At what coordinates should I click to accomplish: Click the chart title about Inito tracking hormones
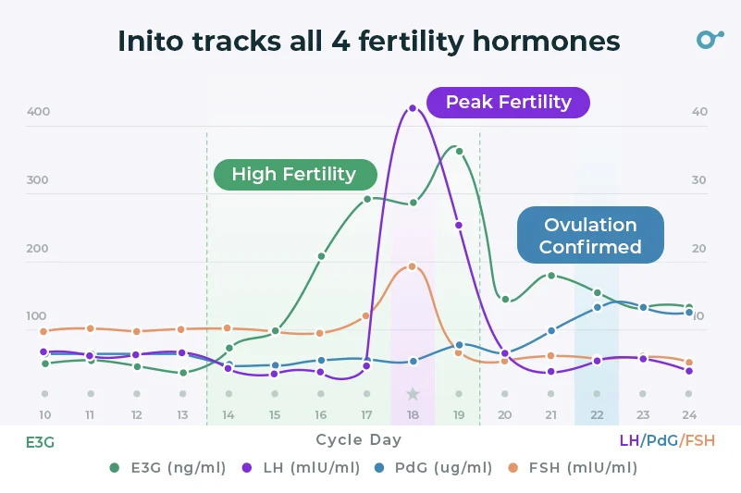click(369, 42)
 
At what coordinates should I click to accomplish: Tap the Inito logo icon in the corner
click(709, 39)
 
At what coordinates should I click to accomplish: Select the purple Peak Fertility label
click(508, 102)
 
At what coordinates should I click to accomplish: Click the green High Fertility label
click(294, 174)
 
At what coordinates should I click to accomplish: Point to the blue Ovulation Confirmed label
click(590, 236)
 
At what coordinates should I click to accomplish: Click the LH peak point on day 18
click(413, 108)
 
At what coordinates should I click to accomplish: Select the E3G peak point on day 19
click(459, 151)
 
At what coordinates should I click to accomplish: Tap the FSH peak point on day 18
click(413, 266)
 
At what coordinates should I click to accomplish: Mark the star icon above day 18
click(413, 394)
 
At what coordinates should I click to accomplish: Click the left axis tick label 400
click(38, 112)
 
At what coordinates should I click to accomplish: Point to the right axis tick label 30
click(699, 180)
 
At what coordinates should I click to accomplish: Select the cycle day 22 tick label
click(597, 415)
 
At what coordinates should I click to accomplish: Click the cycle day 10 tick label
click(44, 415)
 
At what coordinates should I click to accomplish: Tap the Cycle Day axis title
click(358, 440)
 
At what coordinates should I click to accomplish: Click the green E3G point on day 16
click(321, 256)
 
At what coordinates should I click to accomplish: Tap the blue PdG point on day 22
click(597, 307)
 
